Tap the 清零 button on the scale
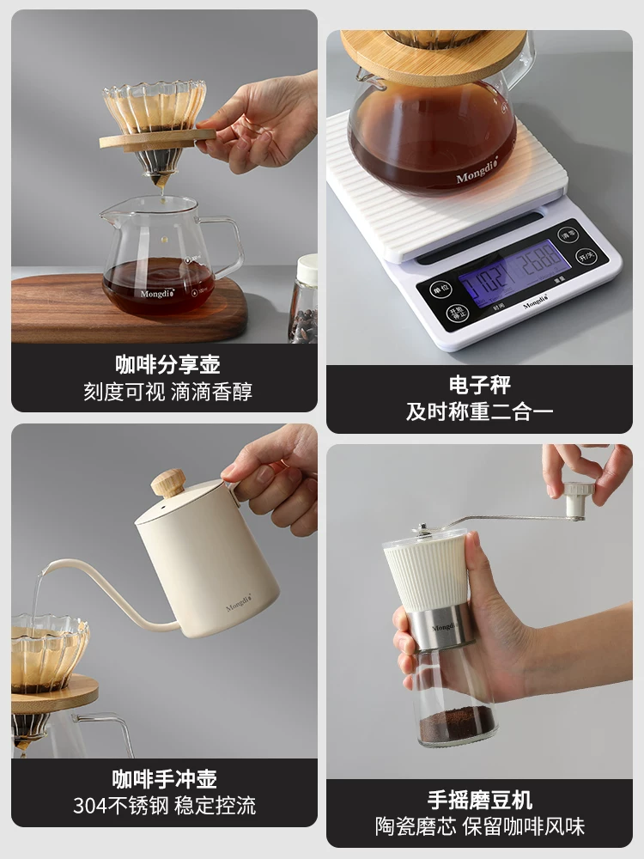point(568,235)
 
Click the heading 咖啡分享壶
point(167,364)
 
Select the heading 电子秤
point(479,384)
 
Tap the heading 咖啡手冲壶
point(164,779)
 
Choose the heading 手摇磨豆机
point(479,800)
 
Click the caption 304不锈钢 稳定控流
point(164,806)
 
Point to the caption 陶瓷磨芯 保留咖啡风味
point(479,826)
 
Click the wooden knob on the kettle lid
point(168,482)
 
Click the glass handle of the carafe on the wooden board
point(228,246)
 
